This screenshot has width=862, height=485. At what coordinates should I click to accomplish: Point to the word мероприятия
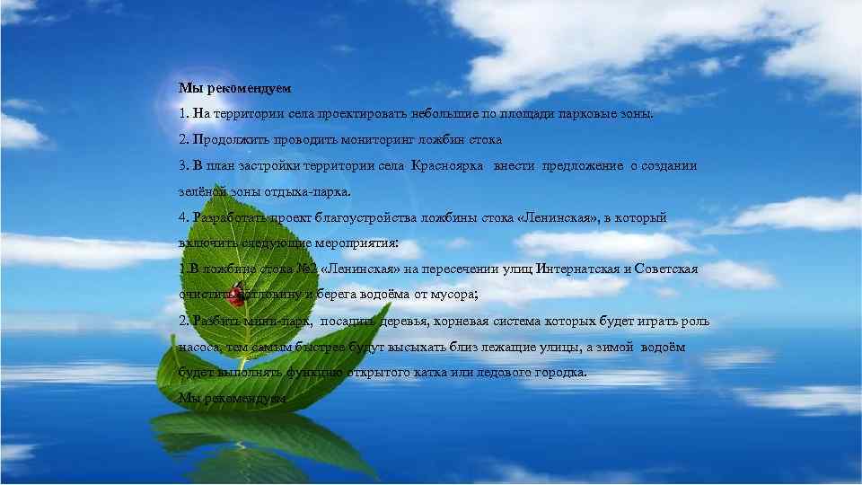click(x=359, y=243)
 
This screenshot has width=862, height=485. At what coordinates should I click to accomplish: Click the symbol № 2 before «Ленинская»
click(x=303, y=269)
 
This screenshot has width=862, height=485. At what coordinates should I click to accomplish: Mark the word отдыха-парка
click(x=310, y=192)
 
